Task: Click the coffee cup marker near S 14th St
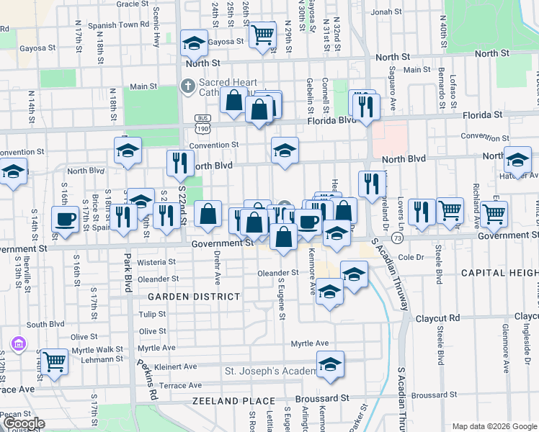(x=65, y=220)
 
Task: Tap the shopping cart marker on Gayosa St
(x=262, y=34)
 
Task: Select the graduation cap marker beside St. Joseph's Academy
(x=330, y=365)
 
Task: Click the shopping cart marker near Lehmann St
(x=54, y=361)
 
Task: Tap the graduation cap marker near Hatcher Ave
(x=517, y=160)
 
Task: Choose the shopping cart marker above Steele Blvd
(x=450, y=211)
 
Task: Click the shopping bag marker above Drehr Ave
(x=208, y=215)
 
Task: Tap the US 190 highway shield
(x=202, y=127)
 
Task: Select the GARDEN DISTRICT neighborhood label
(x=184, y=297)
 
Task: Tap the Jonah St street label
(x=386, y=12)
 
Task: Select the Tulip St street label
(x=152, y=314)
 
